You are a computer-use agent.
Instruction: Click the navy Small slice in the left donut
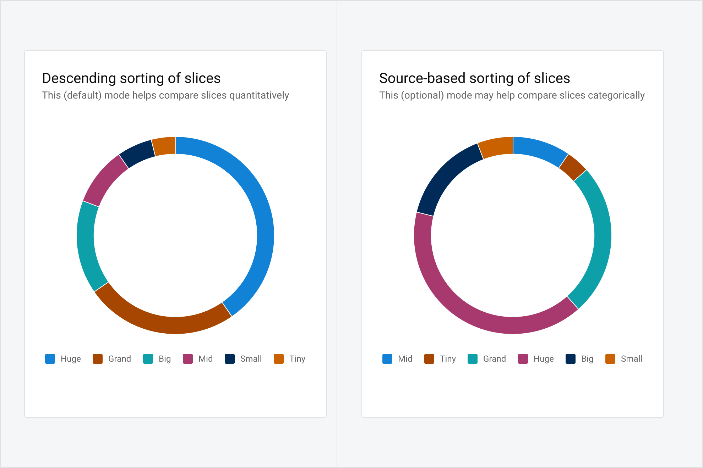[137, 154]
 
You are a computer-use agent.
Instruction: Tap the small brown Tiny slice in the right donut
[572, 167]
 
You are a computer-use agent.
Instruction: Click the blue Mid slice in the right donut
[540, 151]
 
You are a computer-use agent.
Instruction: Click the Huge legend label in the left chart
[71, 359]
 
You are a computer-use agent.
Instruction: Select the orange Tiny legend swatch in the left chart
[279, 359]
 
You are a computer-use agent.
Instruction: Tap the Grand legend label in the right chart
[494, 359]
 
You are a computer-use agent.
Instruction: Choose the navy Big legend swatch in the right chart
[570, 359]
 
